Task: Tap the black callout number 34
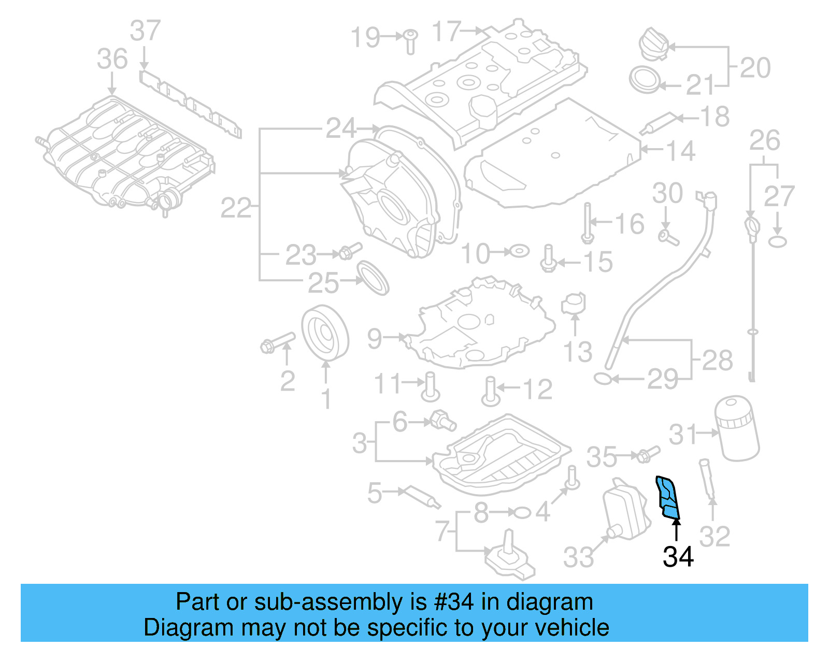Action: pos(678,557)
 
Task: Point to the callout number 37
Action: pos(145,31)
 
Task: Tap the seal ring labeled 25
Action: pos(373,278)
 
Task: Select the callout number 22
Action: pos(236,208)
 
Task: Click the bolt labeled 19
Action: pos(410,41)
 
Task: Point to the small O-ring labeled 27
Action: pos(777,241)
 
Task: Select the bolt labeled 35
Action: pos(647,455)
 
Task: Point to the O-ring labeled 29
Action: pos(603,379)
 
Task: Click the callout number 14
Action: pos(680,151)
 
